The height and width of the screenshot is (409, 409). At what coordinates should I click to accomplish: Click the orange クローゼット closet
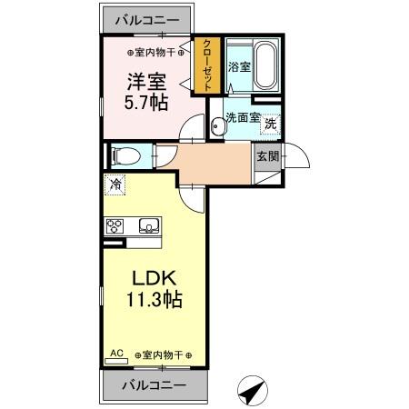pyautogui.click(x=208, y=65)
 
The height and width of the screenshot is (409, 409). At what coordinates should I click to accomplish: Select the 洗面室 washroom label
pyautogui.click(x=243, y=117)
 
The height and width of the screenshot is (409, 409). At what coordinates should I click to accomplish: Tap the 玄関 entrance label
pyautogui.click(x=267, y=156)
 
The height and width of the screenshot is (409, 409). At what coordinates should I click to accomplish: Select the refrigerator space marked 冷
pyautogui.click(x=116, y=185)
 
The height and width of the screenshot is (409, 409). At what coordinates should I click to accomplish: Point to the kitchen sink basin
pyautogui.click(x=148, y=226)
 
